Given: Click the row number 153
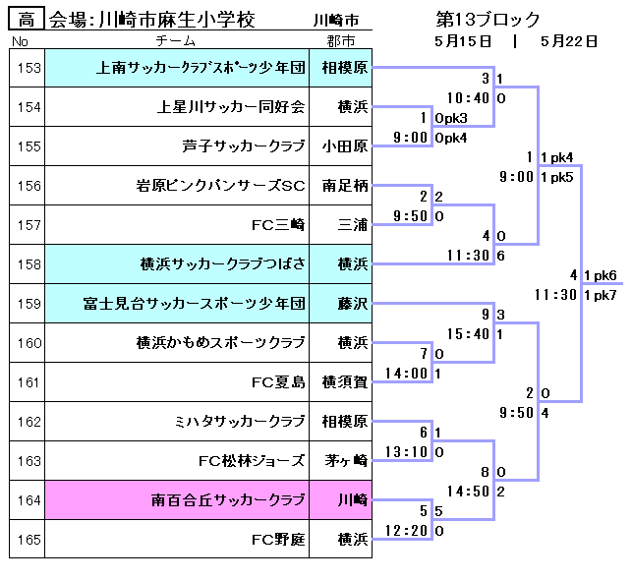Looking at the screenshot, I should click(x=29, y=68).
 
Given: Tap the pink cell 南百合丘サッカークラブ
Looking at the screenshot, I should click(x=228, y=500).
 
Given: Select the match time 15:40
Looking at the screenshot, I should click(x=468, y=334).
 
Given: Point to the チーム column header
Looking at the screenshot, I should click(x=176, y=41).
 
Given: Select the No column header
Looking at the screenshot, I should click(x=21, y=41).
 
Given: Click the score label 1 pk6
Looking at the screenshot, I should click(x=600, y=275).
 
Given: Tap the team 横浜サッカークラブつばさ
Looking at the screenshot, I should click(x=223, y=264).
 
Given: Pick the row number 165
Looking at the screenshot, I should click(x=29, y=540).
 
